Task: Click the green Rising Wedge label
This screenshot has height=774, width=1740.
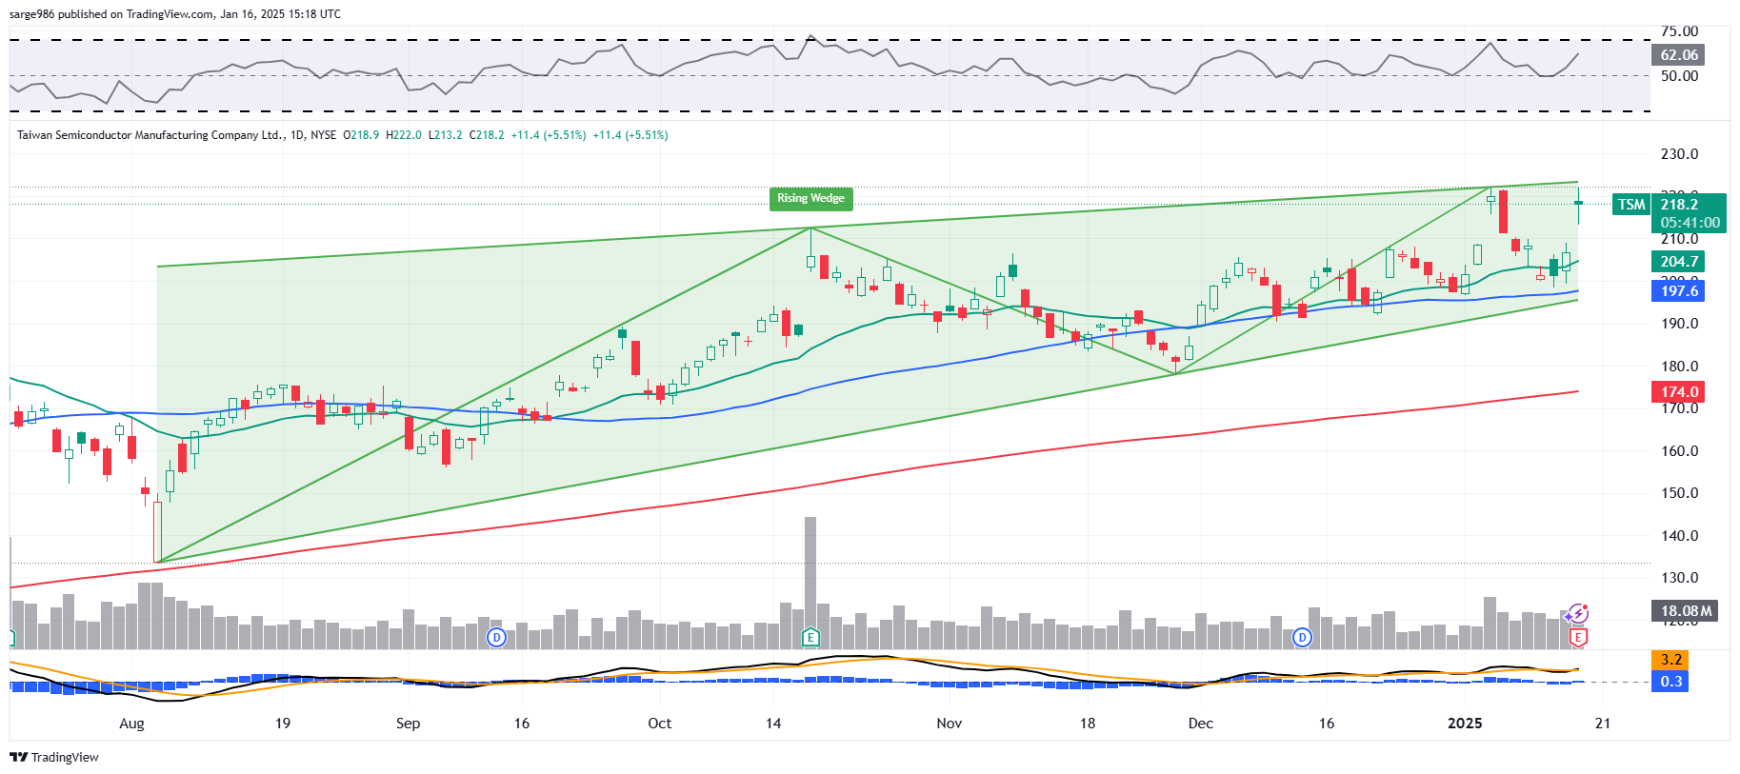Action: [x=810, y=198]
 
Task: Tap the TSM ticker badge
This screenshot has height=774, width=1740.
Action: [x=1630, y=205]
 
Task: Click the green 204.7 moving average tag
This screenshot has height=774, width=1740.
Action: [x=1678, y=262]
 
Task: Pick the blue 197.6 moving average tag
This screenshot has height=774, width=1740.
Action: [x=1678, y=291]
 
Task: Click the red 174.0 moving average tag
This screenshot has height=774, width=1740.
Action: [x=1678, y=392]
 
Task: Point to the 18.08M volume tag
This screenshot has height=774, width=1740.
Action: [x=1684, y=611]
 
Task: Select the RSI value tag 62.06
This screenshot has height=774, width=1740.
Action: [x=1678, y=55]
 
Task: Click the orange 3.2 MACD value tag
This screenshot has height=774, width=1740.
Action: [x=1670, y=660]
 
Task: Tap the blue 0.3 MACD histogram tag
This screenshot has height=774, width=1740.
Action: [x=1670, y=682]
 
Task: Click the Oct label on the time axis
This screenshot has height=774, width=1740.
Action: [x=659, y=724]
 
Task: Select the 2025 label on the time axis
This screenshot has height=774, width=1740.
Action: [x=1464, y=724]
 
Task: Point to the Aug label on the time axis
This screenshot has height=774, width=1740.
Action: [x=131, y=724]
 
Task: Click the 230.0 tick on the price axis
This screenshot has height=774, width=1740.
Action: [x=1679, y=154]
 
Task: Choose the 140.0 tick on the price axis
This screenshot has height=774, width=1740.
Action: [x=1679, y=536]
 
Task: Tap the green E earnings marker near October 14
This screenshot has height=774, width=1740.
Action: [x=810, y=637]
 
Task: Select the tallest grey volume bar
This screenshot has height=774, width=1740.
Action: [x=810, y=571]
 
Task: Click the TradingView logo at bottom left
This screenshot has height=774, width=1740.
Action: [x=54, y=758]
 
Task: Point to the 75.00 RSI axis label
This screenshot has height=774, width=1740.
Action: [x=1679, y=31]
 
